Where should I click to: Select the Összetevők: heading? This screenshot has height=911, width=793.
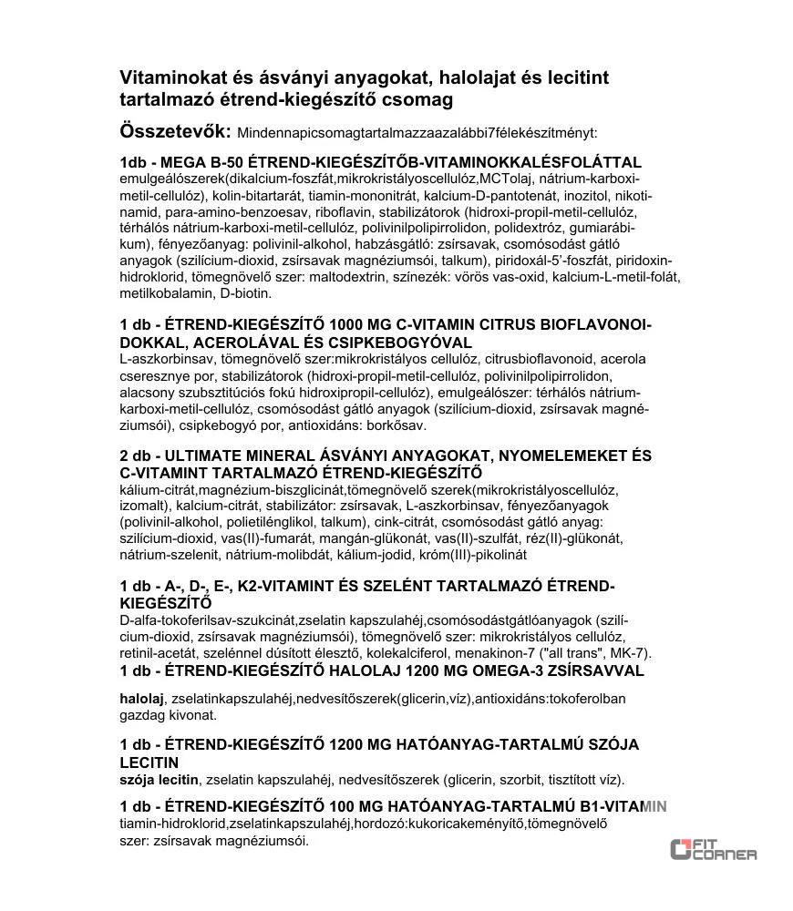[175, 130]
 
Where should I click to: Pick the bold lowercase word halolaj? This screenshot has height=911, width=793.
[141, 699]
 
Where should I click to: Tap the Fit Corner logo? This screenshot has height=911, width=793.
[713, 849]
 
